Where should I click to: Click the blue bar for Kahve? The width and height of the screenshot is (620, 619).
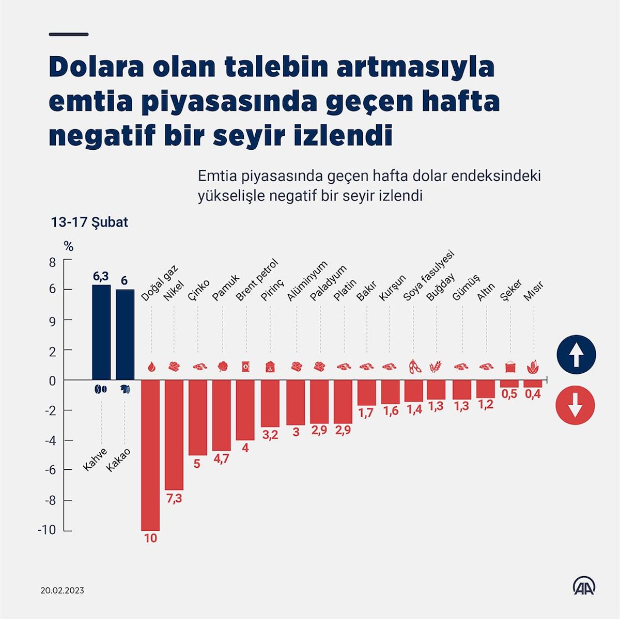point(101,332)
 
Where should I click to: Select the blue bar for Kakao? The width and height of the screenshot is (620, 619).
point(125,335)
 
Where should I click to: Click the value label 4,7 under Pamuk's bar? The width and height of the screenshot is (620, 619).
point(221,458)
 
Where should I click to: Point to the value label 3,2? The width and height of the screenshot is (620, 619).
point(270,435)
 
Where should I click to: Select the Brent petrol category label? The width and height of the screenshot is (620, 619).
point(257,280)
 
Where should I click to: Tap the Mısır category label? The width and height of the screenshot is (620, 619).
point(534,292)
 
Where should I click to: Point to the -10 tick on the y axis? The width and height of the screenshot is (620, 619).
point(47,530)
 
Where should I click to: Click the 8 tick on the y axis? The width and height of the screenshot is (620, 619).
point(52,262)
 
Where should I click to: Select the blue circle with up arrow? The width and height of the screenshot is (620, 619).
point(576,355)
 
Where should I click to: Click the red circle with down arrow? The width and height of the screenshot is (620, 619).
point(575,405)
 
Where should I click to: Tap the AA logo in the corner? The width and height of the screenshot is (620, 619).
point(584,586)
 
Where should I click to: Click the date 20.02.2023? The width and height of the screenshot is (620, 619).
point(62,590)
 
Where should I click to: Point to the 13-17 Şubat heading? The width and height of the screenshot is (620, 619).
point(89,223)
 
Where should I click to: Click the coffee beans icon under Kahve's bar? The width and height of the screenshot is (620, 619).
point(100,389)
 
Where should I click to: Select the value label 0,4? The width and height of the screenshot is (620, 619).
point(533,394)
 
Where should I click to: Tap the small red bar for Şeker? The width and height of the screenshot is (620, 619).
point(509,384)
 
